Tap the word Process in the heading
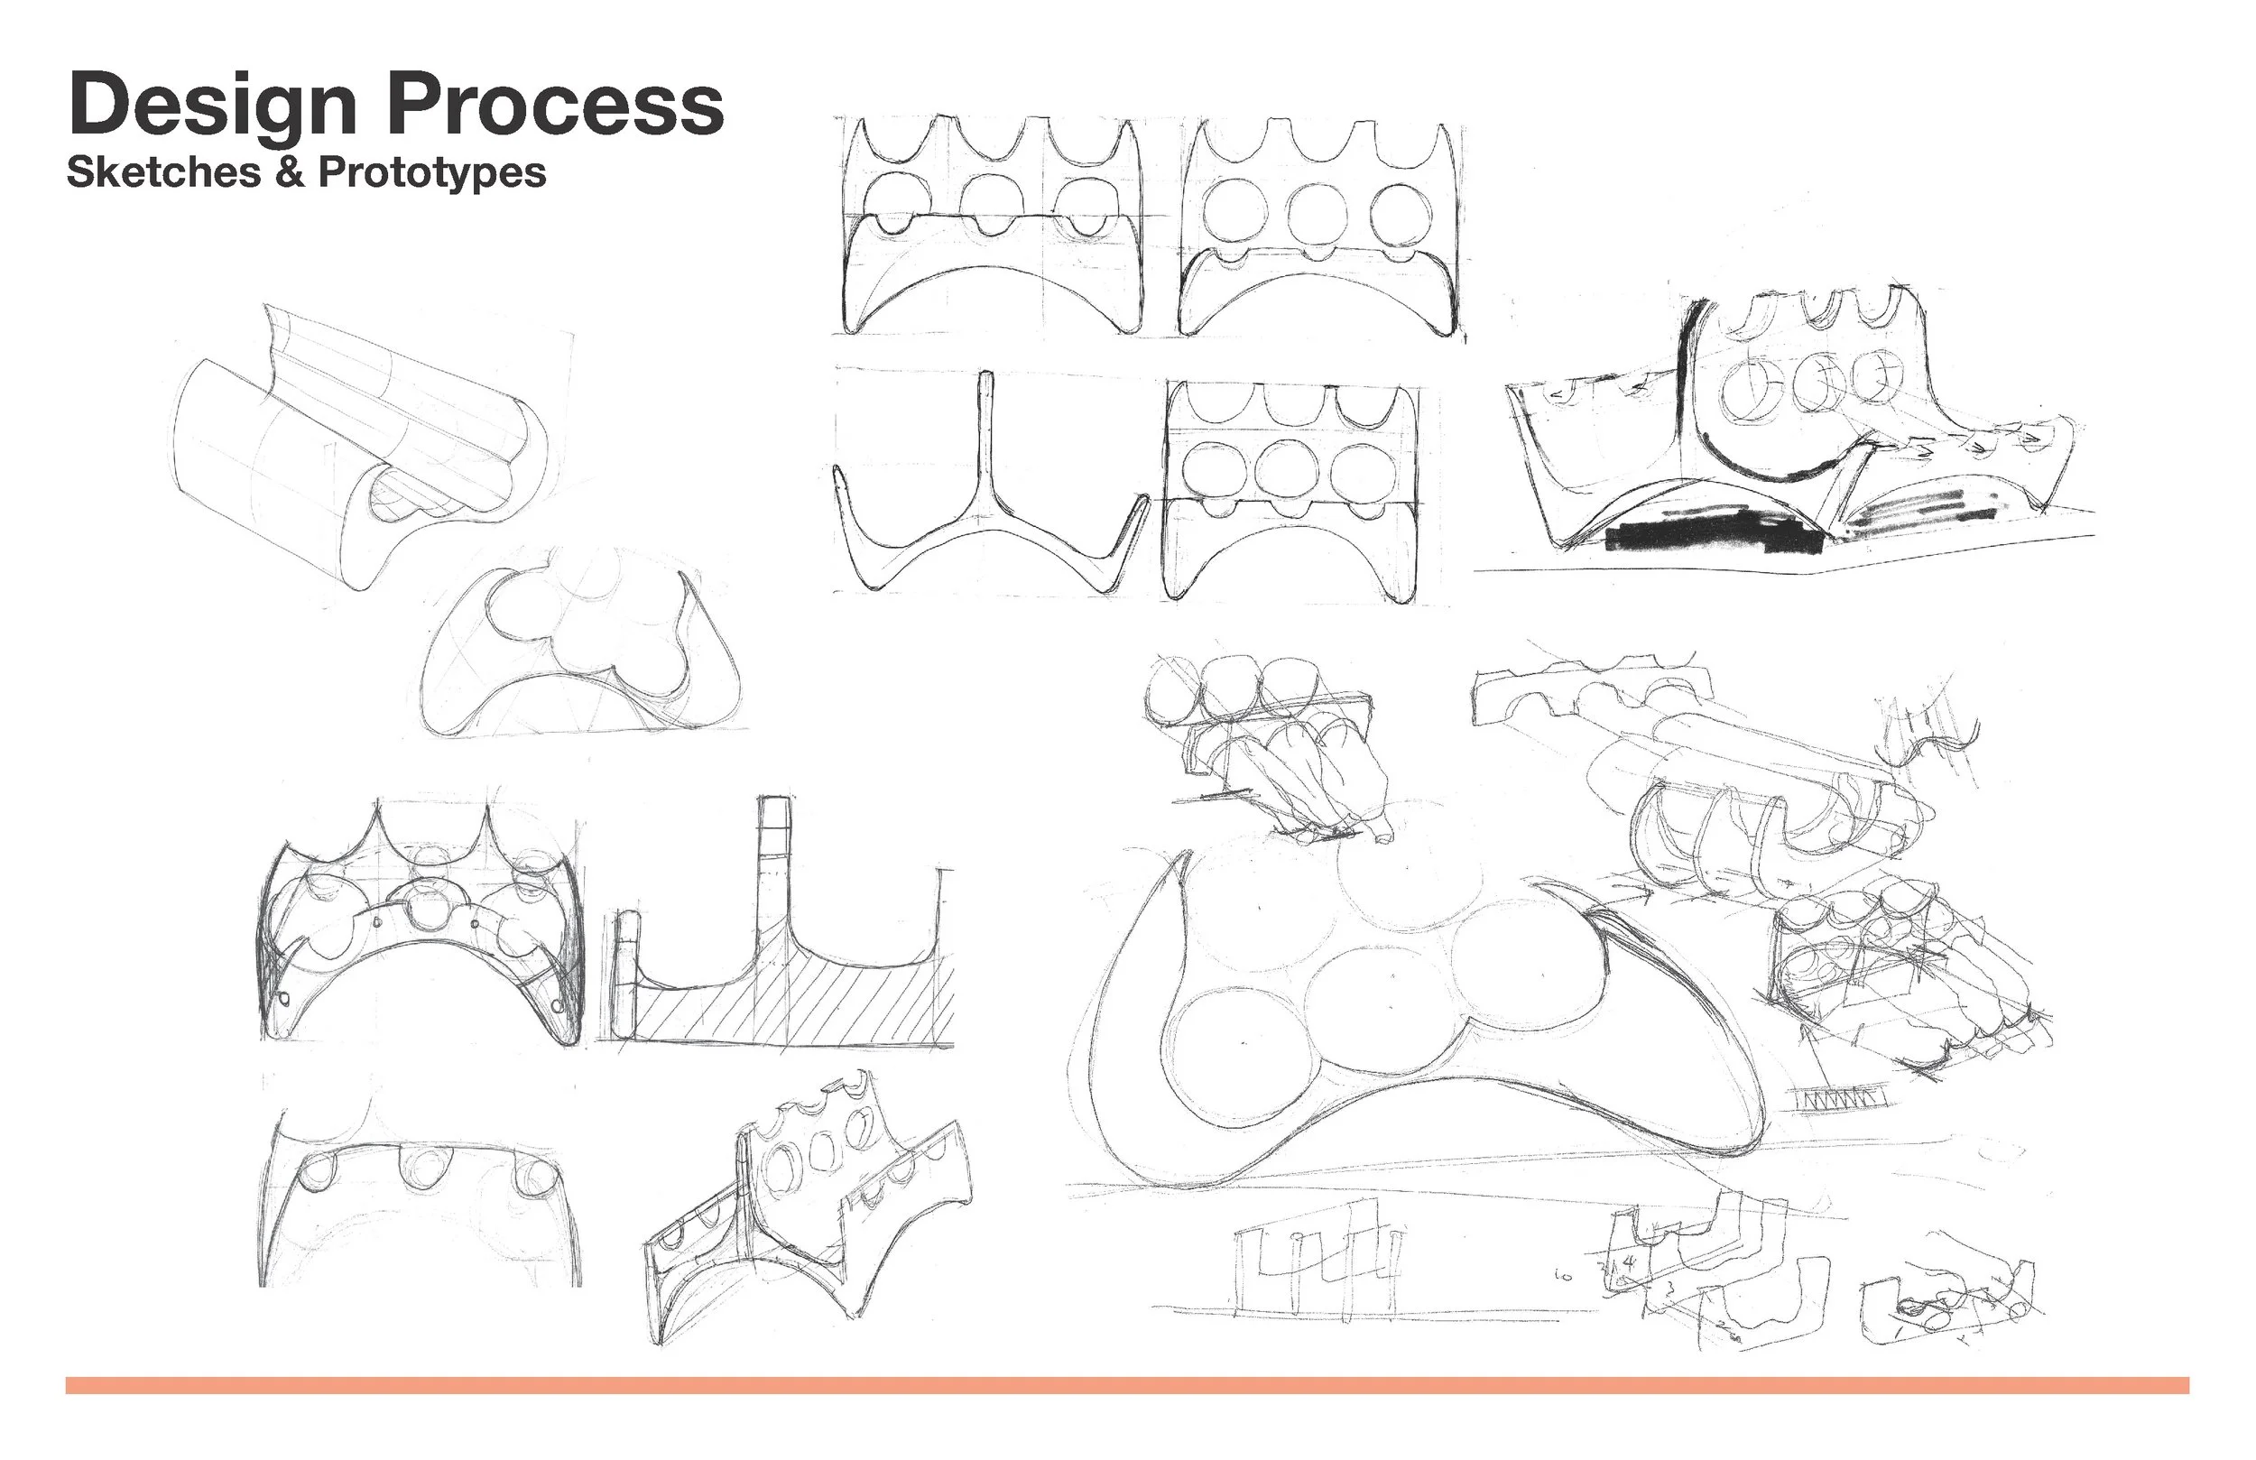coord(556,105)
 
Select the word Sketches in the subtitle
coord(163,171)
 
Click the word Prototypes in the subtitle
coord(432,173)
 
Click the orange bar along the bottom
coord(1128,1385)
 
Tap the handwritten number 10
coord(1564,1276)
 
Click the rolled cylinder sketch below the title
coord(360,446)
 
